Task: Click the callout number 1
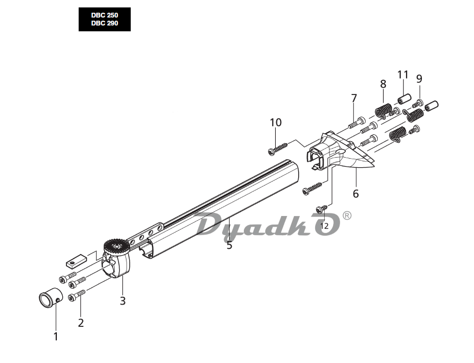(x=56, y=336)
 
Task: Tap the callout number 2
(x=81, y=323)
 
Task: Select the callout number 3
(x=122, y=301)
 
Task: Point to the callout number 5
(x=230, y=245)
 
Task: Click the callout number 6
(x=356, y=194)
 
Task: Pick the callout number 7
(x=354, y=98)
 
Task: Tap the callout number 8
(x=383, y=84)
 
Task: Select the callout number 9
(x=419, y=79)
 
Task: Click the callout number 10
(x=276, y=122)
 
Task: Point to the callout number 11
(x=403, y=74)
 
